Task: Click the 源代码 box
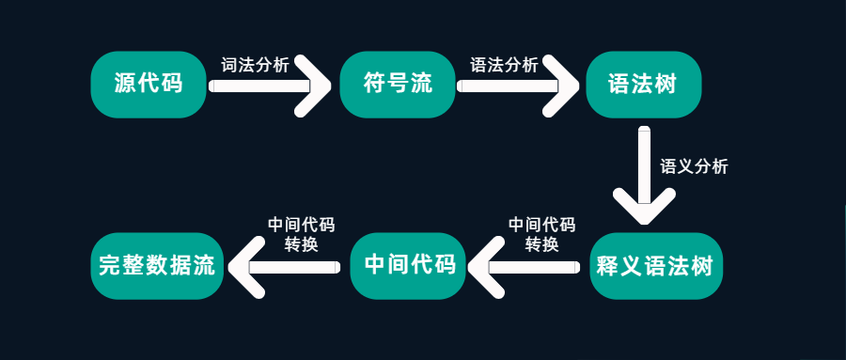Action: [148, 84]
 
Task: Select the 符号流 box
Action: [397, 84]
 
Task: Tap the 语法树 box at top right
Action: [644, 84]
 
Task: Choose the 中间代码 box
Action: [409, 265]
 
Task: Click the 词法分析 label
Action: [254, 65]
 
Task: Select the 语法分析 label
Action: [504, 65]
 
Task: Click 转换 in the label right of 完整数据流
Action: [301, 244]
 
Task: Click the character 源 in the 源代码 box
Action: [125, 84]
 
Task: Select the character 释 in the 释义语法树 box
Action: [608, 265]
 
